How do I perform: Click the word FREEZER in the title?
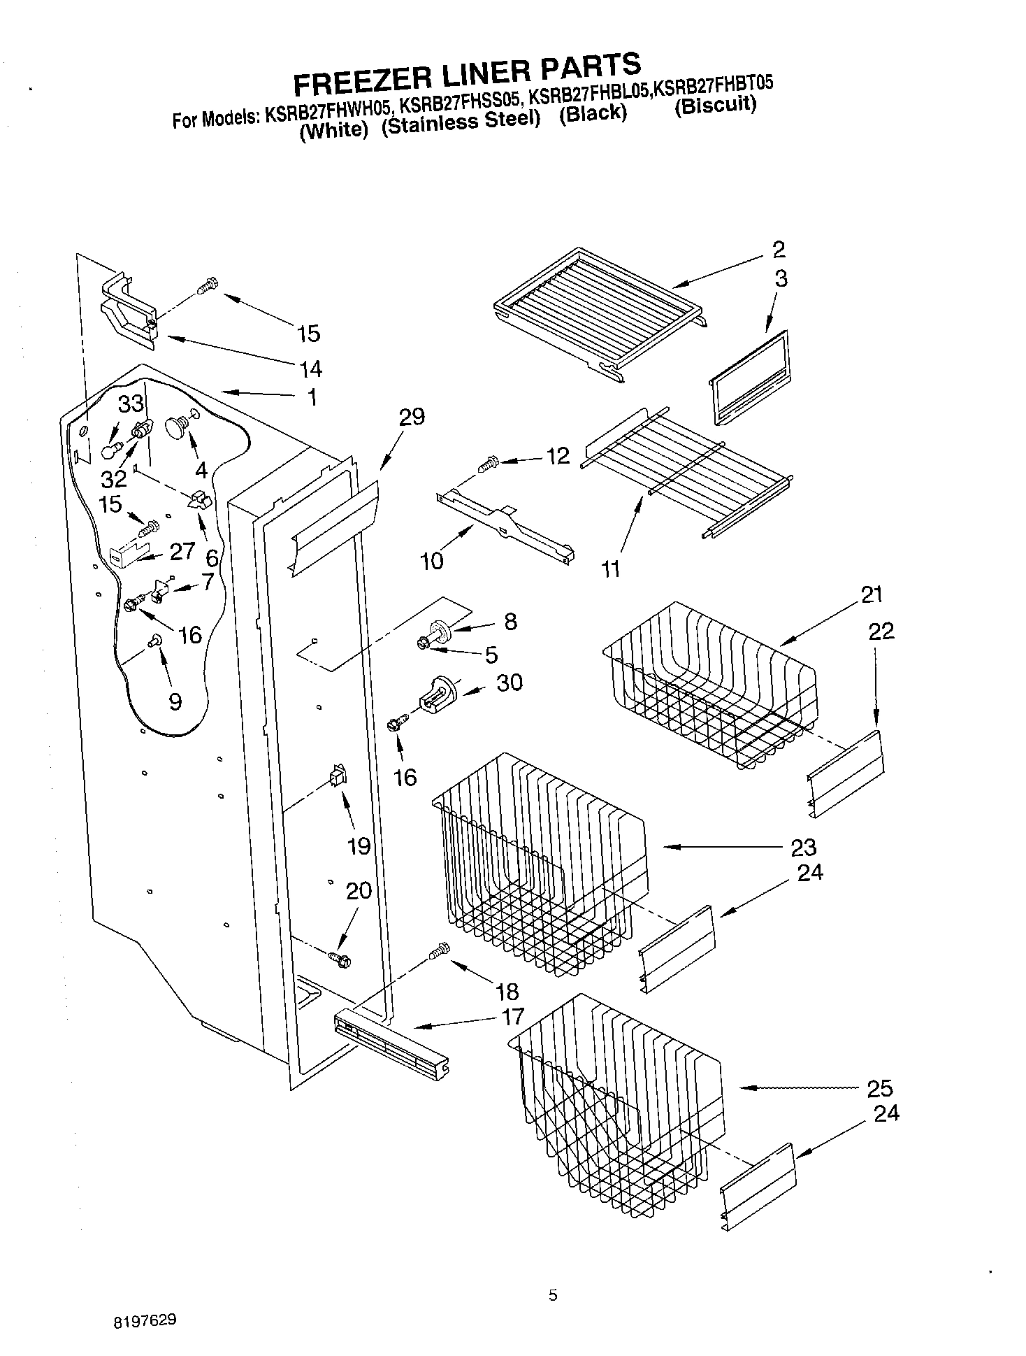point(354,80)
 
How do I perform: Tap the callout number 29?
point(412,417)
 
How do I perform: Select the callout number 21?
point(871,594)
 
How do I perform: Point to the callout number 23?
point(803,847)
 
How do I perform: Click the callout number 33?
point(130,404)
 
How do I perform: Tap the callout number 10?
point(432,560)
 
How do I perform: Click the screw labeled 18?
point(441,951)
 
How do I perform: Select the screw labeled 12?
point(488,462)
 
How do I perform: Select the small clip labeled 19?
point(337,776)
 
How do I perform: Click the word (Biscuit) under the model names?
point(715,105)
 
